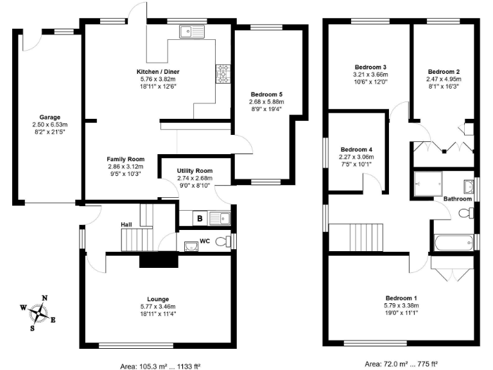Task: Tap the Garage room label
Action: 49,118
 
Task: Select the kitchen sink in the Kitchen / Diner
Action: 192,30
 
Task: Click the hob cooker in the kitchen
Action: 223,74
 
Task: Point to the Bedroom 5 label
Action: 266,94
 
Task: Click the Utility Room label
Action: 195,171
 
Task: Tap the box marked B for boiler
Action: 200,219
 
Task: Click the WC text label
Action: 205,242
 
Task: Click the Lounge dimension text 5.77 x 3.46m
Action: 158,306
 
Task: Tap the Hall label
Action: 126,224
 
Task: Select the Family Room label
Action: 125,159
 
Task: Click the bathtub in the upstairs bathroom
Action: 453,242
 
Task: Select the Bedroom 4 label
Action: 356,150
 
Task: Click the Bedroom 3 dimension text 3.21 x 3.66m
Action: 370,75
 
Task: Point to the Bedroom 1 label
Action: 401,298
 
